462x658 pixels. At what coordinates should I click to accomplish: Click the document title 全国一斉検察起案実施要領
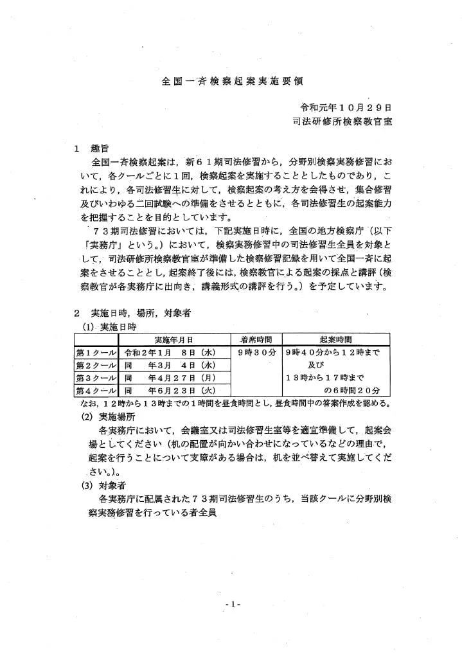click(231, 82)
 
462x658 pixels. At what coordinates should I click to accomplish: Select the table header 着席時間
click(256, 339)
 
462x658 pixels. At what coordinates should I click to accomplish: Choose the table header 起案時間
click(334, 339)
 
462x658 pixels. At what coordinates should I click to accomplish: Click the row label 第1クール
click(96, 352)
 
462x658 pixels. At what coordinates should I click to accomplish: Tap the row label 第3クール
click(96, 377)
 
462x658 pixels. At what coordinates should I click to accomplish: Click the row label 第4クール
click(96, 390)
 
